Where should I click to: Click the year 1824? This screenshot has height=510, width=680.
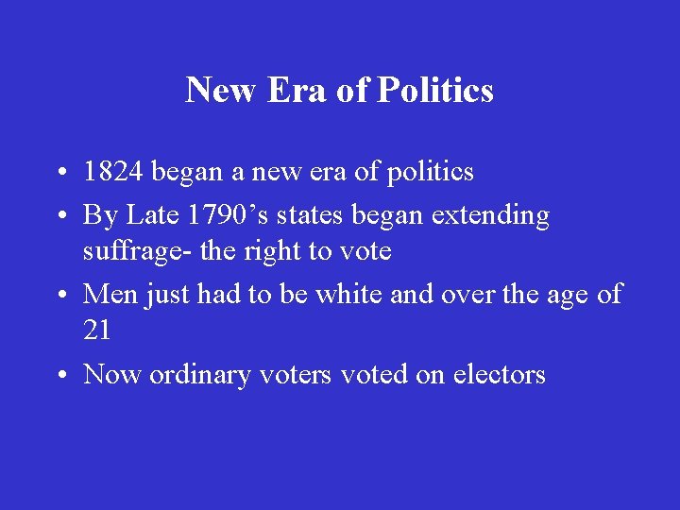tap(113, 172)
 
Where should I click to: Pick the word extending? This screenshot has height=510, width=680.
tap(490, 215)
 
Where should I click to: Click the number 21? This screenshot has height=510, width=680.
tap(98, 331)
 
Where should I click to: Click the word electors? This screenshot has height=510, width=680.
tap(500, 375)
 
